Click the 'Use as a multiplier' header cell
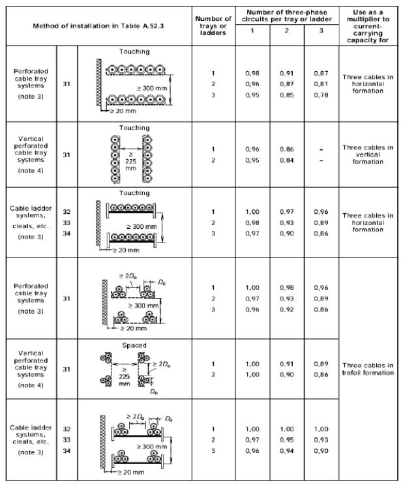coord(368,25)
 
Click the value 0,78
coord(320,95)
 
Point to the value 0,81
coord(320,84)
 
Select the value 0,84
coord(286,161)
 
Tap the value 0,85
coord(286,95)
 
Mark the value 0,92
coord(286,310)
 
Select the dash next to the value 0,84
coord(320,161)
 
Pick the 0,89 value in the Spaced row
coord(320,363)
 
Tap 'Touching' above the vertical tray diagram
coord(135,128)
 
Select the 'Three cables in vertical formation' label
coord(368,154)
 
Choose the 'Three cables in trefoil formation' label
coord(368,369)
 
